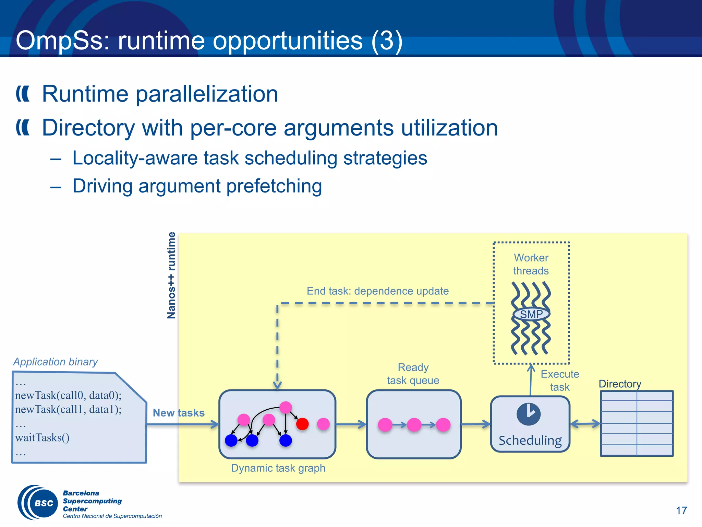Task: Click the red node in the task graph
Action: point(302,424)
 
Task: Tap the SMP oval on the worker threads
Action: point(531,314)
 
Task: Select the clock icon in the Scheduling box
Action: point(529,414)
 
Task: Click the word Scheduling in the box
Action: point(530,440)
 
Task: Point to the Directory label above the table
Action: point(620,384)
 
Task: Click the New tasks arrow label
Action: point(179,413)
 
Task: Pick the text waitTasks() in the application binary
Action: point(42,437)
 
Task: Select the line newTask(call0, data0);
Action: point(68,395)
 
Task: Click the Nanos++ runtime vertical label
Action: point(171,275)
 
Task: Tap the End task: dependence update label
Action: point(377,291)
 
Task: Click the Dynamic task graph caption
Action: point(278,468)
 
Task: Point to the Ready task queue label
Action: point(413,374)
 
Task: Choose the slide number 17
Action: point(681,511)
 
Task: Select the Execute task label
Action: point(560,380)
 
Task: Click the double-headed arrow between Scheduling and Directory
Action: point(585,424)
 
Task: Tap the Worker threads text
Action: point(531,264)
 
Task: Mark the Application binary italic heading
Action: point(56,362)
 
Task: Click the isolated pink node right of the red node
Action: point(323,424)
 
